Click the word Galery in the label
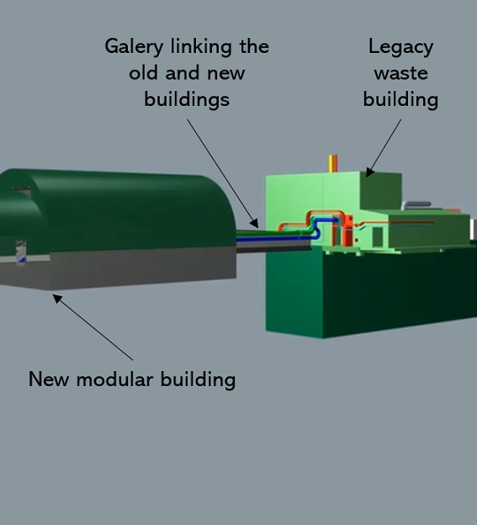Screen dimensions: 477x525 (x=134, y=47)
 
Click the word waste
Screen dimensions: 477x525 (x=400, y=73)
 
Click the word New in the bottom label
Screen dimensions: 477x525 (x=49, y=379)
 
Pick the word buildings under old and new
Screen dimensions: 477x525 (x=187, y=100)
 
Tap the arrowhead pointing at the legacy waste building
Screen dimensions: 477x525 (x=370, y=172)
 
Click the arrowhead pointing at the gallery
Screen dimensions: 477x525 (x=254, y=223)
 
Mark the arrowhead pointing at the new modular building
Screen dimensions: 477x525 (x=57, y=299)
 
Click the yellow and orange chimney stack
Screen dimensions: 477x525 (x=333, y=163)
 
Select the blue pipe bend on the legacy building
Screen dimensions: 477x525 (x=316, y=228)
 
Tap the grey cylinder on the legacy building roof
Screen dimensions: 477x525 (x=416, y=204)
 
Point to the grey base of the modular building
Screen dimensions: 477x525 (x=134, y=268)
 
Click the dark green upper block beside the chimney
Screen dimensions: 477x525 (x=380, y=191)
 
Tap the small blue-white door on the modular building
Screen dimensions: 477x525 (x=21, y=252)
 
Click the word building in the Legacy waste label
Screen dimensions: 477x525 (x=400, y=100)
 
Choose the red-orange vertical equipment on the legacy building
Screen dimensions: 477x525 (x=347, y=231)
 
